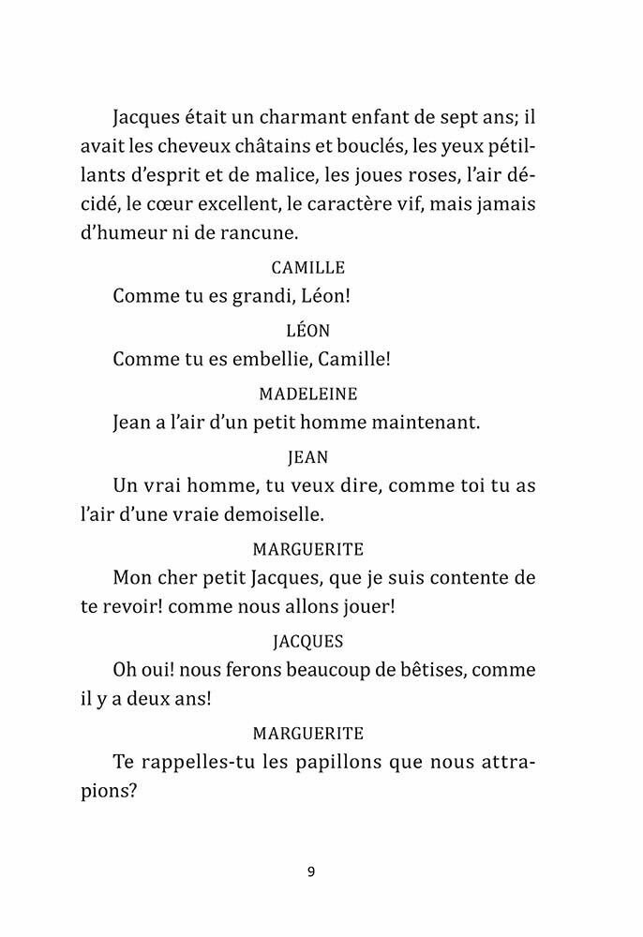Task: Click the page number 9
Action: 310,871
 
